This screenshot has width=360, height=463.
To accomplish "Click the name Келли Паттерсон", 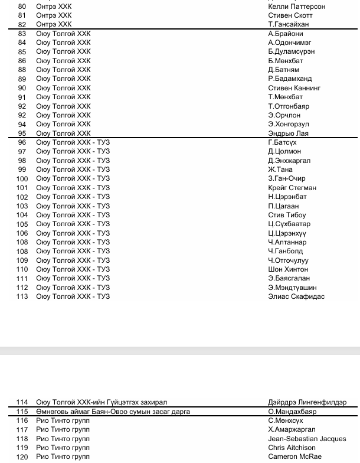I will click(296, 6).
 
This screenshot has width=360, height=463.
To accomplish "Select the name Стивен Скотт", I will click(290, 15).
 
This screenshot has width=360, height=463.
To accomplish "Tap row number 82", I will click(22, 24).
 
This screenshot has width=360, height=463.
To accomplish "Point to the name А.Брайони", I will click(286, 34).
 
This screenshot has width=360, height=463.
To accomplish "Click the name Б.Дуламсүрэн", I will click(291, 51).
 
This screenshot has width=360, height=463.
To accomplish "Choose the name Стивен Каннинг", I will click(294, 88).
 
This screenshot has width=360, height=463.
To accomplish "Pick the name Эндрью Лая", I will click(288, 133).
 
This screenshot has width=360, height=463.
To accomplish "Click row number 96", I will click(22, 142).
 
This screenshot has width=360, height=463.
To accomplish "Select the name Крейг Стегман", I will click(292, 188).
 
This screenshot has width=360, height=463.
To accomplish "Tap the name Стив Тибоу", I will click(287, 215).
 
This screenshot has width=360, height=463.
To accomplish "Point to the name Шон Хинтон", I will click(288, 269).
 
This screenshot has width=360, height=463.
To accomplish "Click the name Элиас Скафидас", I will click(296, 296).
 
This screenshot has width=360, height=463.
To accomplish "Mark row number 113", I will click(22, 296).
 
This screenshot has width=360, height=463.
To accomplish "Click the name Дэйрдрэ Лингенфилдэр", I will click(307, 402).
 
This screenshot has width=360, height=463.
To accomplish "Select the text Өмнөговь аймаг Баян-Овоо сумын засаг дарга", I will click(113, 412).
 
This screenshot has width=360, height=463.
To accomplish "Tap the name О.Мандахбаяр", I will click(292, 412).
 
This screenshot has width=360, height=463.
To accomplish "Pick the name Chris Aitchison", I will click(292, 448).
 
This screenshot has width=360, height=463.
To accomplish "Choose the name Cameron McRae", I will click(295, 457).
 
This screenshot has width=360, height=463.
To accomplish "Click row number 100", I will click(22, 178).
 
